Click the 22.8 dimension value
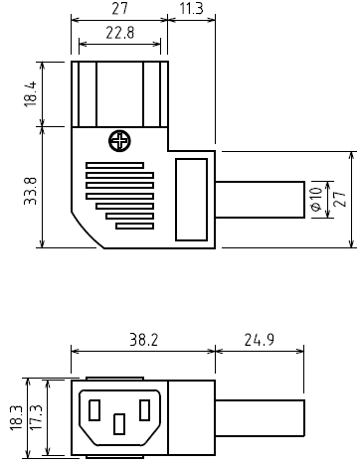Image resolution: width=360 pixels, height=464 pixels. [120, 33]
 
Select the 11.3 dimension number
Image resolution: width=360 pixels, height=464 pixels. [191, 8]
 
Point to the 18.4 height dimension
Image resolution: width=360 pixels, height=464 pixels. [30, 94]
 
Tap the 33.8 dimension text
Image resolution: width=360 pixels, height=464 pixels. [30, 191]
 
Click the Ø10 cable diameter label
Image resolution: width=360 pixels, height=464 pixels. [316, 200]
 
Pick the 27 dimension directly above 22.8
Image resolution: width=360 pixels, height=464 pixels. [119, 8]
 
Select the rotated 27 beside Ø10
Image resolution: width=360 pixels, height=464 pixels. [340, 199]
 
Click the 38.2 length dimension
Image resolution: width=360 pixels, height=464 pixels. [143, 340]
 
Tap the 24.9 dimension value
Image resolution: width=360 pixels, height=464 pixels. [260, 340]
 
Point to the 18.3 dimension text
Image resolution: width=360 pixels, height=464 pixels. [16, 418]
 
